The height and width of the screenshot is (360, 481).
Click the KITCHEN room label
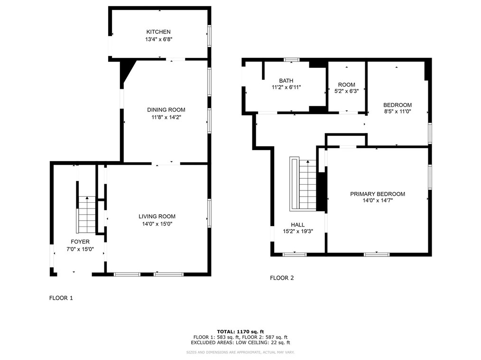point(158,32)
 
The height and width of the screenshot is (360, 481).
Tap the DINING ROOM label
point(166,110)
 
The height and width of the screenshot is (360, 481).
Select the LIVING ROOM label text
point(157,217)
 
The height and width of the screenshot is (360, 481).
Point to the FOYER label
point(80,242)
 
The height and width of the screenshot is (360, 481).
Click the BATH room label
point(286,81)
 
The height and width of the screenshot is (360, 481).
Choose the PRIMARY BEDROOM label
point(378,194)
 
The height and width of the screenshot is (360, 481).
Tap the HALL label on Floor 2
point(297,225)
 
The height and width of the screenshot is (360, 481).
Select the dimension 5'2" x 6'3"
point(346,91)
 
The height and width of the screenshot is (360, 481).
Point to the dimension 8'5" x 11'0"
point(397,112)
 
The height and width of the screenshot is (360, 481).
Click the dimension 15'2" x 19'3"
point(297,232)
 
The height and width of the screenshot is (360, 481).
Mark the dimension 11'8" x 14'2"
point(166,117)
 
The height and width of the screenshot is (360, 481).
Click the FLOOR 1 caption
point(61,298)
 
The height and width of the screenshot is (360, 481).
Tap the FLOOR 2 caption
point(282,278)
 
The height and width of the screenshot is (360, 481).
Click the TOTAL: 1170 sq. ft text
point(240,332)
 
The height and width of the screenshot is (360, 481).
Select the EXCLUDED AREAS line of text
point(240,343)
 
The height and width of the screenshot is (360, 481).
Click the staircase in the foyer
point(87,214)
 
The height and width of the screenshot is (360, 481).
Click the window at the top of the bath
point(291,60)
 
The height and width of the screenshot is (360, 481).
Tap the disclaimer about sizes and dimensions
point(240,352)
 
